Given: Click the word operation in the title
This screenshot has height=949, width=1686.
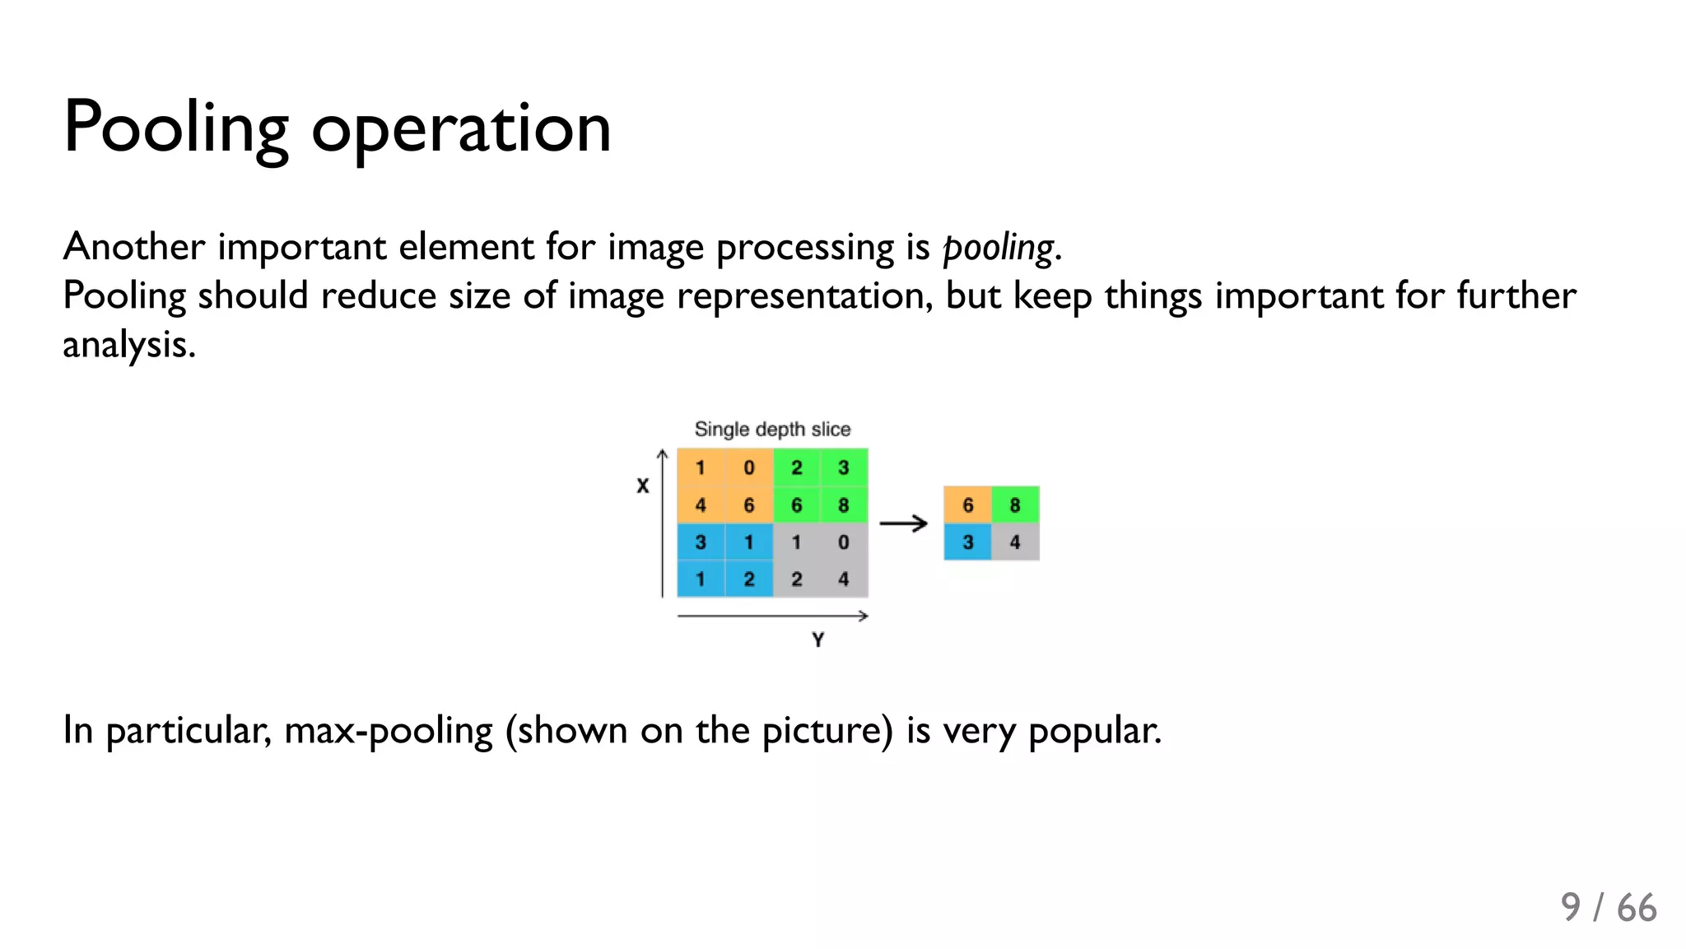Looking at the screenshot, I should tap(461, 129).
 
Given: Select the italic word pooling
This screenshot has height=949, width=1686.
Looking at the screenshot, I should tap(998, 247).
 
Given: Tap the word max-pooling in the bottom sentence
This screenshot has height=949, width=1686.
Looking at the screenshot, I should tap(388, 730).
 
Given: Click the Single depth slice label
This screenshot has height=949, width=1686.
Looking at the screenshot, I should tap(772, 429).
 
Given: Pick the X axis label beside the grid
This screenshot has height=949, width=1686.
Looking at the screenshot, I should tap(643, 486).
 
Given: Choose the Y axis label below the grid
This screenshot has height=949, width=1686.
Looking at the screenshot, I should tap(817, 640).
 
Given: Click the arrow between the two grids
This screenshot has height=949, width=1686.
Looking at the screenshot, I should tap(903, 523).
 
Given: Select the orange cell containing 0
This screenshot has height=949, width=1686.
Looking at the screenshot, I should tap(748, 468).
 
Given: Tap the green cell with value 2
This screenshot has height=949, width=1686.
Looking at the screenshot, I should tap(796, 468).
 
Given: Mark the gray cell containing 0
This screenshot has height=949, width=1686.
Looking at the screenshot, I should tap(844, 542).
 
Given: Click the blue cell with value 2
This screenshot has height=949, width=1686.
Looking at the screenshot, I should tap(748, 579).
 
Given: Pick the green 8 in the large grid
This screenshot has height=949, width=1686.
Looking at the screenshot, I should tap(844, 505).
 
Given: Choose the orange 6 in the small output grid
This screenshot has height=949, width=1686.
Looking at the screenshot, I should tap(967, 505).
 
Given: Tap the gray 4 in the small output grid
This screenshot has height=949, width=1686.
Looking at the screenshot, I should tap(1015, 542).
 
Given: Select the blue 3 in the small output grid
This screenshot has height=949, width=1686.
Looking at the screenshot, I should tap(967, 542).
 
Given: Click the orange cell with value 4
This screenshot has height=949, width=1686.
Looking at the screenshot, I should tap(701, 505).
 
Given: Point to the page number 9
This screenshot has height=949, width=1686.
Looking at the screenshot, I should tap(1570, 907).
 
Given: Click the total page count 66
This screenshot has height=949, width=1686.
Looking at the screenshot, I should tap(1637, 907).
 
